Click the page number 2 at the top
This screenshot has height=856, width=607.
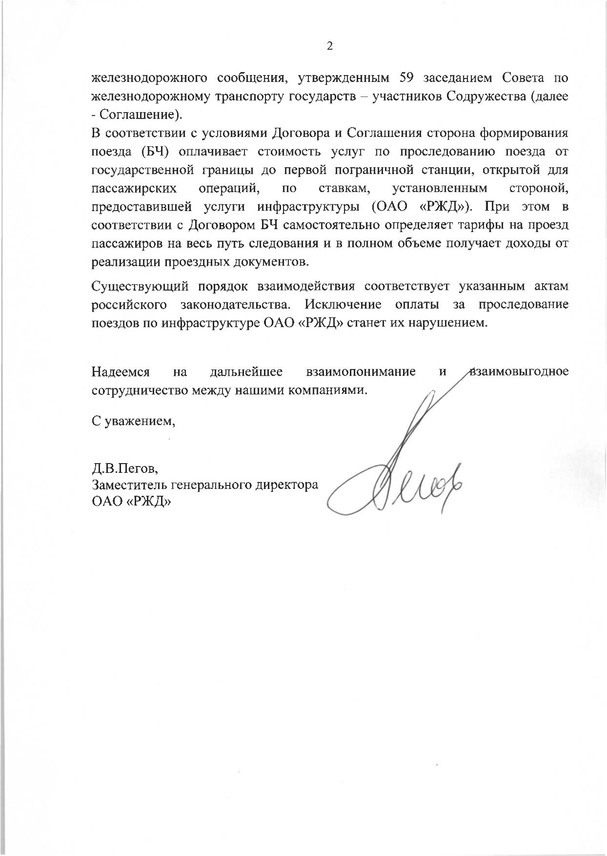[x=329, y=46]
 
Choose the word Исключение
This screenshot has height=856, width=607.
[x=343, y=304]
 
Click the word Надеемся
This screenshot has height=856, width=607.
[x=121, y=372]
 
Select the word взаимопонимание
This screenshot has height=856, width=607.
[x=361, y=372]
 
